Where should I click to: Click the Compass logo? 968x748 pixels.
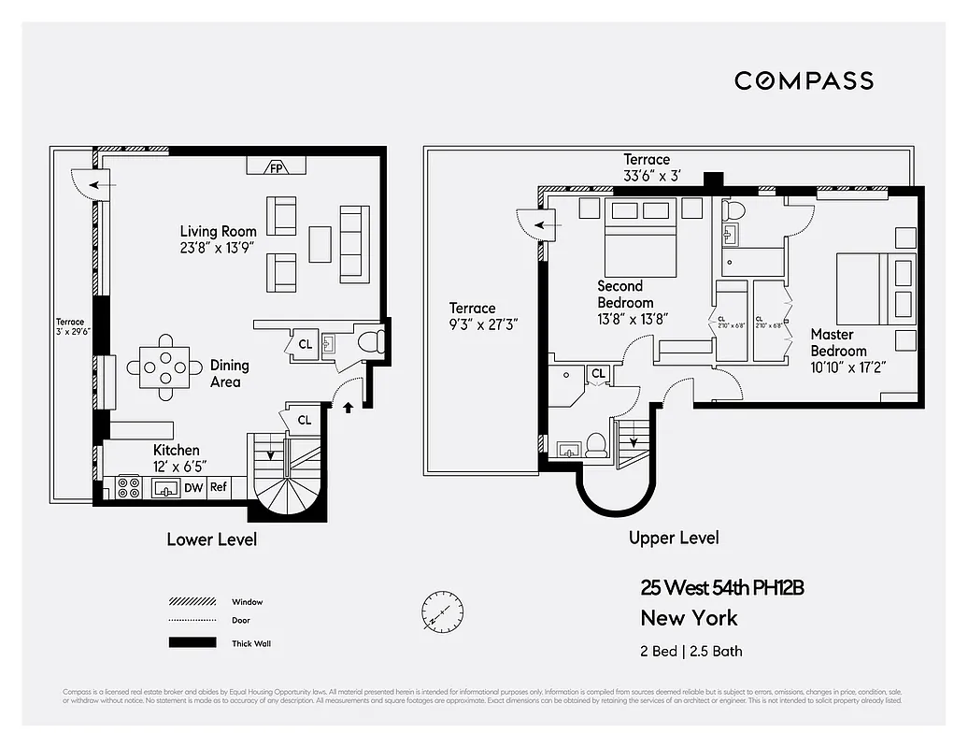pos(804,80)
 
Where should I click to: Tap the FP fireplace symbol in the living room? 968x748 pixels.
pos(277,167)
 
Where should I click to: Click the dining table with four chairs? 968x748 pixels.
pos(165,367)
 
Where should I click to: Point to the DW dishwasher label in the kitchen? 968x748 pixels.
pos(193,487)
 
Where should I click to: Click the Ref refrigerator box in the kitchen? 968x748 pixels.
pos(219,487)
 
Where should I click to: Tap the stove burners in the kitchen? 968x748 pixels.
pos(128,487)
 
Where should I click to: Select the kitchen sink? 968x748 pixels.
pos(166,487)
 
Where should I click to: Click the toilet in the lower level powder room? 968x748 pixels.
pos(371,340)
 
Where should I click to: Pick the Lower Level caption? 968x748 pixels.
pos(211,539)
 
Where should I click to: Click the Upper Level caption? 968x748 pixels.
pos(674,538)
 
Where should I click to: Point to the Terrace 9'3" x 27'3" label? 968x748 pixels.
pos(483,316)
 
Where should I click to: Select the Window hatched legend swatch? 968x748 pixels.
pos(192,602)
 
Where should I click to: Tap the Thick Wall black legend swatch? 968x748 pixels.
pos(192,642)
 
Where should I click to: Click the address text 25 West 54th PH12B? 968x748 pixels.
pos(721,588)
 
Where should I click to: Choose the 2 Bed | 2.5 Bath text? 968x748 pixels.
pos(691,651)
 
